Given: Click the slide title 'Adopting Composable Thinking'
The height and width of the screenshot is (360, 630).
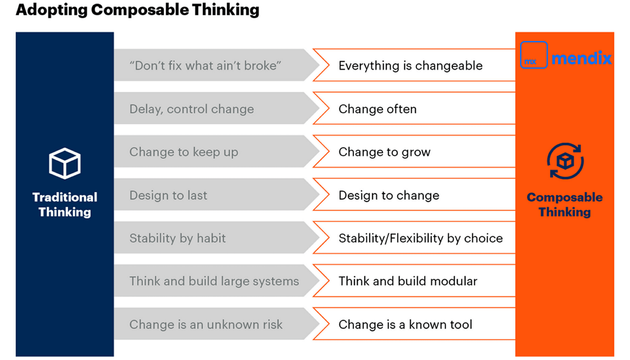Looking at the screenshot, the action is pos(137,10).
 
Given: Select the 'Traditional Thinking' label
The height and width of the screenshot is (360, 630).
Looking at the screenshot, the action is pos(65,205).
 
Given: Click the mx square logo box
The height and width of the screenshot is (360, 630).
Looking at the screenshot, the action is pos(534,55).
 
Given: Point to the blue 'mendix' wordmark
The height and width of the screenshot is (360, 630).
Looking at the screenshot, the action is pos(581,58).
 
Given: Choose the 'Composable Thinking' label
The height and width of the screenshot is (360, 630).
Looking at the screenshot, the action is pos(565,205).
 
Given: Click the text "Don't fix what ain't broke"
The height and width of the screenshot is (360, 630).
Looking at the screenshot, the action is pos(205,66).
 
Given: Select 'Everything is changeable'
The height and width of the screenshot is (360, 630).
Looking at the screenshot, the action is pos(410,66).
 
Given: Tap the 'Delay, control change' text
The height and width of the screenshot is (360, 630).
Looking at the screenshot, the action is pos(192,109).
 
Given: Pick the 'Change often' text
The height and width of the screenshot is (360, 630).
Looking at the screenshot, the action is pos(377,109).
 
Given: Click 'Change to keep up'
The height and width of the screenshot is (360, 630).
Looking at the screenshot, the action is pos(184,152).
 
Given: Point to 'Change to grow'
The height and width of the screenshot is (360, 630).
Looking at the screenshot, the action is pos(384,152).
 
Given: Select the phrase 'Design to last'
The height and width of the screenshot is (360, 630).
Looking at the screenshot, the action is pos(168,195).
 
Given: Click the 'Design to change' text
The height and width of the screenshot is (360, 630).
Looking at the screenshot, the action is pos(389,195).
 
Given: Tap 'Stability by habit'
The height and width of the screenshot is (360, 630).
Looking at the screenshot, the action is pos(178,238).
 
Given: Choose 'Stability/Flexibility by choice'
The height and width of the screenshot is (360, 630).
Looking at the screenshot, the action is pos(421,238).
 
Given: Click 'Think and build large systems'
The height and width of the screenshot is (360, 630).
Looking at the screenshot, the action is pos(214,281).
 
